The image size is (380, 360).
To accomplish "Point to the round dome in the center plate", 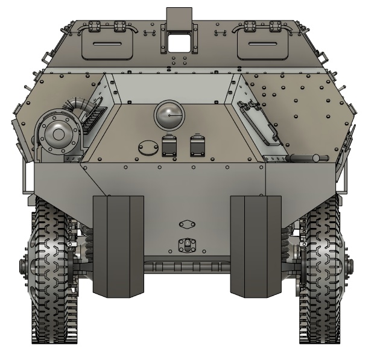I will coord(169,115).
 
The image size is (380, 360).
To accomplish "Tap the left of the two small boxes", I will coord(170,147).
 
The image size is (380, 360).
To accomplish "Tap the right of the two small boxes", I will coord(198,147).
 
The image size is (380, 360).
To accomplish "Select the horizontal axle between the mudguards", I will coord(187,265).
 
